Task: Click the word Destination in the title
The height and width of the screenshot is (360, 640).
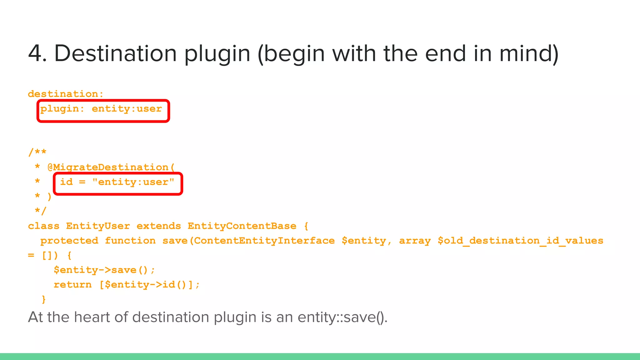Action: (x=116, y=53)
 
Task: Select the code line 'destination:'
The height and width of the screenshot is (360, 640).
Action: (x=66, y=94)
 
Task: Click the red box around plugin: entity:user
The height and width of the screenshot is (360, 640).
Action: (x=103, y=111)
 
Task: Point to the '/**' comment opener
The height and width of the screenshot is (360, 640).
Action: (x=37, y=152)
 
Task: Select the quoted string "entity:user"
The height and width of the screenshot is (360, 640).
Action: (x=133, y=182)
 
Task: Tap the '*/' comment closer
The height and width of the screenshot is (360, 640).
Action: (x=40, y=211)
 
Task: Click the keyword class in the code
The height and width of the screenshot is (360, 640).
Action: (x=43, y=226)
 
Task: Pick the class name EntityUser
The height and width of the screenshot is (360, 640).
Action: (x=98, y=226)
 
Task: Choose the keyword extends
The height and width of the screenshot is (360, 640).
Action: (x=159, y=226)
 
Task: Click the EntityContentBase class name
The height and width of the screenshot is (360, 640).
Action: (x=242, y=226)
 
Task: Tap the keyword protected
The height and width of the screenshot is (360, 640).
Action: (x=69, y=241)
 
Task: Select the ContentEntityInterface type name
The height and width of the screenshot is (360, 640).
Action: (x=264, y=241)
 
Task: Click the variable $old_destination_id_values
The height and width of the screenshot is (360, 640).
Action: (x=520, y=241)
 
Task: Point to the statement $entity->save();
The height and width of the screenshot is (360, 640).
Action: (x=104, y=270)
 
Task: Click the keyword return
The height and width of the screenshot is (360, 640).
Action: (x=72, y=285)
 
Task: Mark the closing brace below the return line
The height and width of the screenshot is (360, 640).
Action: (x=44, y=299)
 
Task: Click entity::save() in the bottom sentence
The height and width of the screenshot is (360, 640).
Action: (x=342, y=317)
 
